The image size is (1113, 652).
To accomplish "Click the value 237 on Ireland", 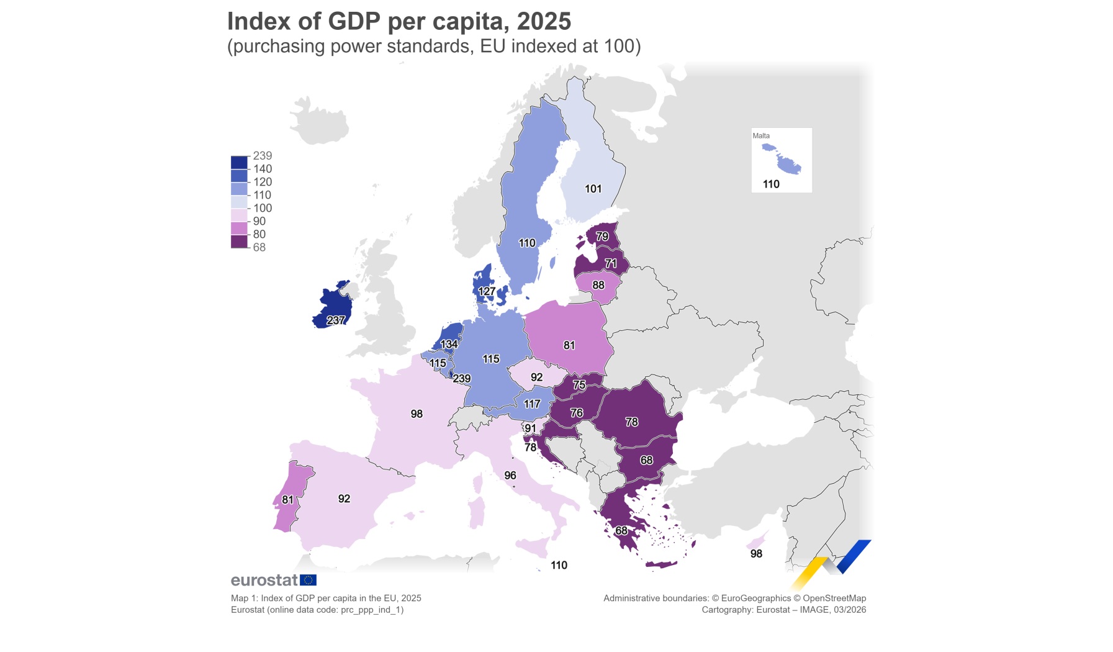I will [x=336, y=320].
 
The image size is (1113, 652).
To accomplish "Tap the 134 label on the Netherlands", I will [x=449, y=344].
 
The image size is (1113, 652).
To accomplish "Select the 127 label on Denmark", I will [x=487, y=291].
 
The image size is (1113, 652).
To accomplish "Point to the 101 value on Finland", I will [x=593, y=189].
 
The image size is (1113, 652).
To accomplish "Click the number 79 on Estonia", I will [x=602, y=237].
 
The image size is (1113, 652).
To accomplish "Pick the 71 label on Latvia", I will [x=611, y=264].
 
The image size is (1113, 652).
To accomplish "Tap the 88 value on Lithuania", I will [x=598, y=285].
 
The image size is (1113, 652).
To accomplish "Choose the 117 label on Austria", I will [x=532, y=404].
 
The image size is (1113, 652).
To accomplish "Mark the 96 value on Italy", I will [x=510, y=476].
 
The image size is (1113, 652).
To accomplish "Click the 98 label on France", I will [x=417, y=414].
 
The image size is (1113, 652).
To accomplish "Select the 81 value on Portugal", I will [x=287, y=500].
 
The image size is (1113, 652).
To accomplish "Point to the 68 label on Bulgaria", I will [x=646, y=460].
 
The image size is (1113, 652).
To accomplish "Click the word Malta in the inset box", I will [x=761, y=136].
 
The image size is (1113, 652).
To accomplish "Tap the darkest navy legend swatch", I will [x=239, y=163].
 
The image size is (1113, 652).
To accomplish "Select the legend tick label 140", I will [x=263, y=169].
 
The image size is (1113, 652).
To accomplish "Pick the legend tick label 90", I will [x=259, y=221].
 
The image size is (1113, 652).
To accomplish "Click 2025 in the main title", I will [x=544, y=21].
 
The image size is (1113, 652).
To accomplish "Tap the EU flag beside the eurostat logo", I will [x=308, y=580].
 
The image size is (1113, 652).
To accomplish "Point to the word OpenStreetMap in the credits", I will [x=834, y=598].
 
